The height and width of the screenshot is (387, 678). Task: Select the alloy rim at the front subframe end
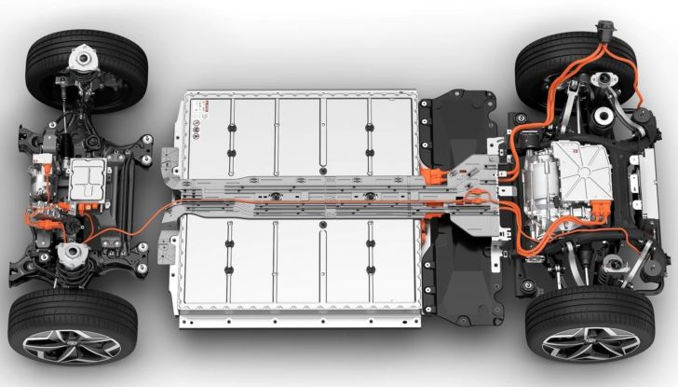coord(71,348)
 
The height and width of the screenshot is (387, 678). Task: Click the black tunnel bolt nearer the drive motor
coord(370,196)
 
